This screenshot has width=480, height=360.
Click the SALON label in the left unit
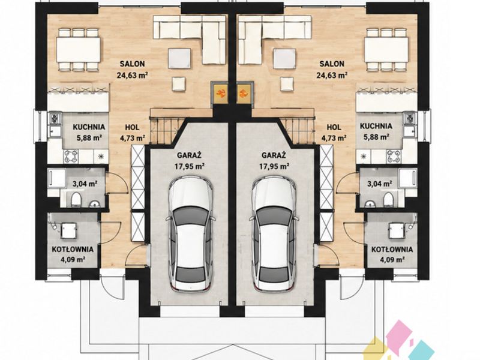pos(132,64)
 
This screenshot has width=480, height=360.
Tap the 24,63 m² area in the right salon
pos(332,75)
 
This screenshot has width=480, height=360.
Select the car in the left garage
pos(190,233)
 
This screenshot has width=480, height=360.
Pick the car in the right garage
pos(274,233)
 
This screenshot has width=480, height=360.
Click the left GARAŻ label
pos(189,155)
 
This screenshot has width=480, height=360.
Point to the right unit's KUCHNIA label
pos(376,126)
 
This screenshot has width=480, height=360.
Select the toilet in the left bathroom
pos(76,199)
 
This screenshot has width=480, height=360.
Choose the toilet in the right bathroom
pos(388,199)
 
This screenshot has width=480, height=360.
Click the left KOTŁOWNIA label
pos(73,249)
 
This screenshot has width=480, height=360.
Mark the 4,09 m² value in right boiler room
pos(392,260)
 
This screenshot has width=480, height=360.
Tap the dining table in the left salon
pos(78,50)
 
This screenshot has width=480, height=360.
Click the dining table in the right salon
pos(386,50)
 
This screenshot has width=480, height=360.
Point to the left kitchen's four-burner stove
pos(71,156)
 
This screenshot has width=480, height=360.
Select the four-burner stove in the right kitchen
pos(394,156)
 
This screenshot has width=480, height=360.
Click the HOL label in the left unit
pos(132,127)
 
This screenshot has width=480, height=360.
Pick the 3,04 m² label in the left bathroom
pos(85,184)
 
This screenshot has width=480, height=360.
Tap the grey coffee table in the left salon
pos(179,58)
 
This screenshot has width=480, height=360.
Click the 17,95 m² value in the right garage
pos(274,166)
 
